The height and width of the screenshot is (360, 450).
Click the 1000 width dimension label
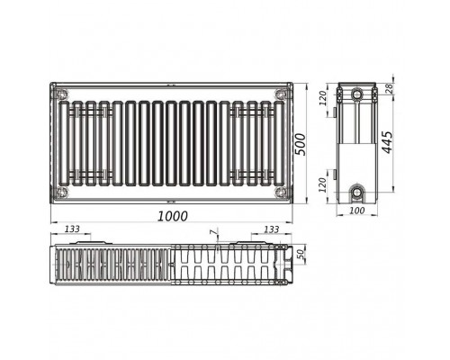[x=173, y=216]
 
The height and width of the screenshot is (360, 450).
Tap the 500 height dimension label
[x=300, y=145]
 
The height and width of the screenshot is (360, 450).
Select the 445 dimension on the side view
[x=387, y=142]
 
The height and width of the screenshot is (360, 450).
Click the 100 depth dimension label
[x=357, y=211]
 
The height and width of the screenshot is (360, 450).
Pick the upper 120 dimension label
[x=322, y=98]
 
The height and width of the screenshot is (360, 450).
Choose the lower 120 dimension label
[x=322, y=184]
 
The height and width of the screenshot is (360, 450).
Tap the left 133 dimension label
[x=73, y=229]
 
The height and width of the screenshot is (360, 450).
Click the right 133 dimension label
[x=272, y=229]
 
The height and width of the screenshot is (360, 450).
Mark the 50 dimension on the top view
[x=301, y=255]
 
